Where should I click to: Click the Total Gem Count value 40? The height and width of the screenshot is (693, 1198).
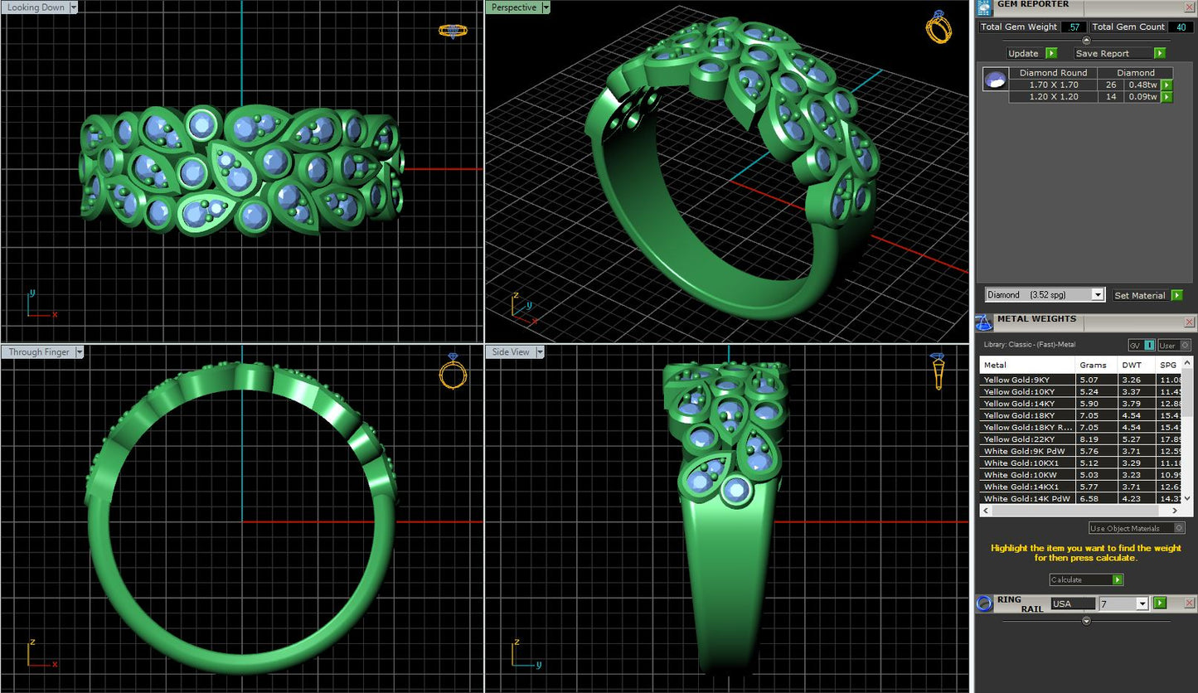(x=1180, y=27)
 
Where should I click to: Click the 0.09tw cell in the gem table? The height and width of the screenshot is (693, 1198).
(x=1141, y=97)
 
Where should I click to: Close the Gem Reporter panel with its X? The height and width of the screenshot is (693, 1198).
(x=1190, y=7)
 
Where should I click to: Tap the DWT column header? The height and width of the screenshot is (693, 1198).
(x=1131, y=365)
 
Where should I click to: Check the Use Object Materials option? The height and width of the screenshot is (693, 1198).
(x=1180, y=528)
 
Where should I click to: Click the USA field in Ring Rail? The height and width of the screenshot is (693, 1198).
(x=1071, y=603)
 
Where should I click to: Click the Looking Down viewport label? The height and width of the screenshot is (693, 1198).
(x=36, y=7)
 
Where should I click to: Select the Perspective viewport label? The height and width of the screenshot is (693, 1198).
(x=514, y=7)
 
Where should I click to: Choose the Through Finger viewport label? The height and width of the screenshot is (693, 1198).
(x=40, y=352)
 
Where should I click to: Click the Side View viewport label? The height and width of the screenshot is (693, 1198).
(x=511, y=352)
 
